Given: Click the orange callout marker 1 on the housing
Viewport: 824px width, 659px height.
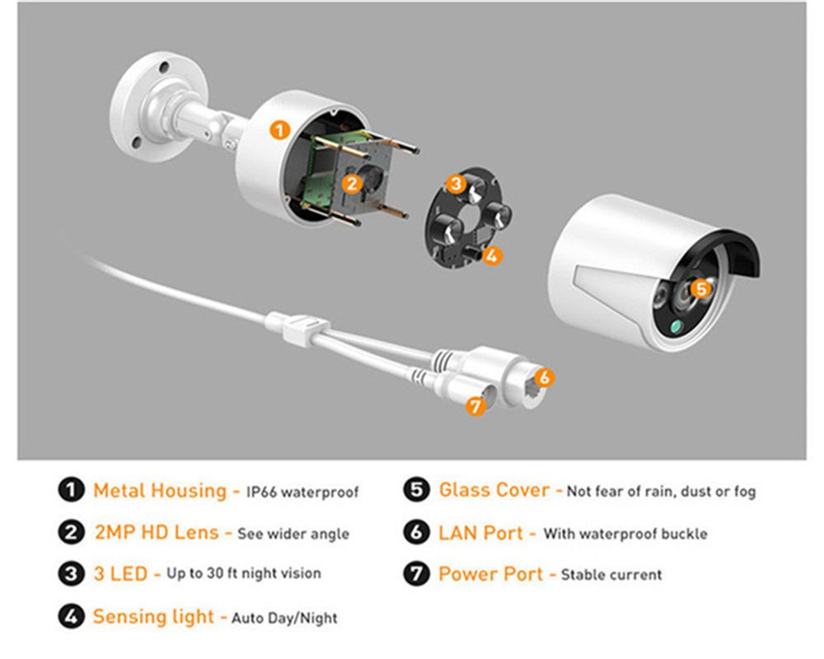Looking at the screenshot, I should point(280,129).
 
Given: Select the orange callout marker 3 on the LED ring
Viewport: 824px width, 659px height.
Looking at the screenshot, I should point(456,183).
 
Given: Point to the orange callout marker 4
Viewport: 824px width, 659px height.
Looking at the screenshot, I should point(491,255).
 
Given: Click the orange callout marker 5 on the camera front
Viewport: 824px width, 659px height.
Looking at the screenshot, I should point(700,288).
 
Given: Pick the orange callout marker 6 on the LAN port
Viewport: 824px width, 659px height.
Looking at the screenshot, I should point(543,377).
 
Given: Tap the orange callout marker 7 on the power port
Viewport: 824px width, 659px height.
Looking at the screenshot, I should point(473,405).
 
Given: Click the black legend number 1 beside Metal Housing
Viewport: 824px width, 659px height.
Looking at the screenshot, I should point(72,491).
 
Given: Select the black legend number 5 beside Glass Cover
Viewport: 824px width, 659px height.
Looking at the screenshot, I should point(418,491).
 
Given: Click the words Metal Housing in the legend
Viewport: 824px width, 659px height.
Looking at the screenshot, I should point(159,491).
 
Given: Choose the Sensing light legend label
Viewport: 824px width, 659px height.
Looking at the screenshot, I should point(153,616).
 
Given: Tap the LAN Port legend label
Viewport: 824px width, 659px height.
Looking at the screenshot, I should point(480,532).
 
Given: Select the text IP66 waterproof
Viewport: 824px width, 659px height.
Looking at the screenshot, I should point(302,493).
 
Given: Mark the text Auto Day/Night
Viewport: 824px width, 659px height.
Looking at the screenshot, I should point(284,617).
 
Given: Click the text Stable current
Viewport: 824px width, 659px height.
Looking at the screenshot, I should point(611,574).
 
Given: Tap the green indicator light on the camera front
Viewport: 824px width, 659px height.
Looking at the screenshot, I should point(676,327).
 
